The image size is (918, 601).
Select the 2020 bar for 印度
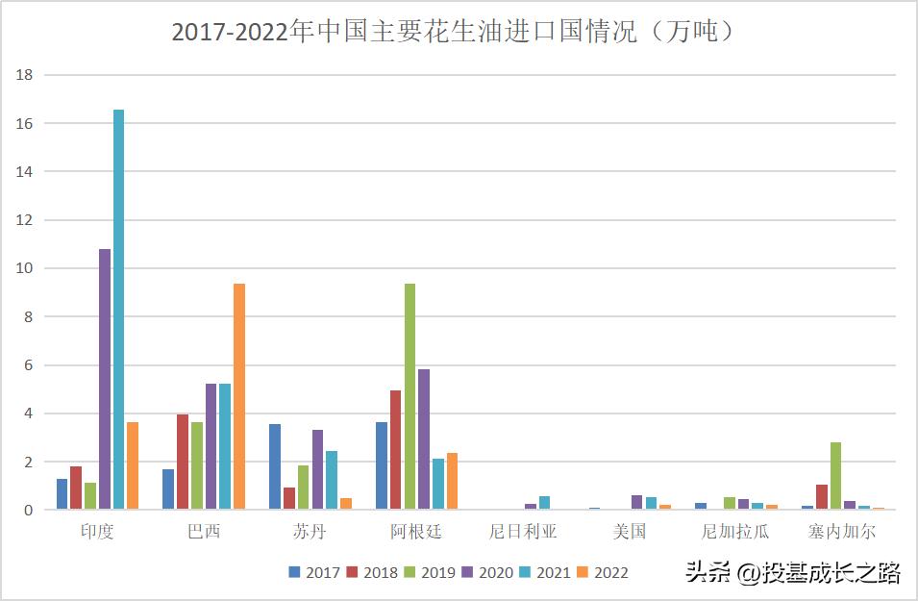pos(105,379)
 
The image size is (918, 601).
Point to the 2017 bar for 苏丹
pos(275,466)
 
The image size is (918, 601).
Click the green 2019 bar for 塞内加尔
pos(836,475)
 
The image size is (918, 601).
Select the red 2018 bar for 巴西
pos(183,462)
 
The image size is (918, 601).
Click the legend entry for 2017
pos(314,573)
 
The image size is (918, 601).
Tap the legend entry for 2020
pos(487,573)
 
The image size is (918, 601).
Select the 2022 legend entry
pos(603,573)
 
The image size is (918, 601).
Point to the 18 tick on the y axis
pos(25,75)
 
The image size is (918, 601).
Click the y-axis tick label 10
pos(25,268)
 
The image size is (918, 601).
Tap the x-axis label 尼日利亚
pos(523,532)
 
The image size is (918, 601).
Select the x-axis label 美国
pos(630,532)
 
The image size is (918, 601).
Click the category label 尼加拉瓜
pos(735,532)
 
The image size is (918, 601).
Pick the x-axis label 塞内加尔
pos(842,532)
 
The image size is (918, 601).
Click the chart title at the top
pos(458,32)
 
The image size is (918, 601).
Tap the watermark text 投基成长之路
pos(831,574)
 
